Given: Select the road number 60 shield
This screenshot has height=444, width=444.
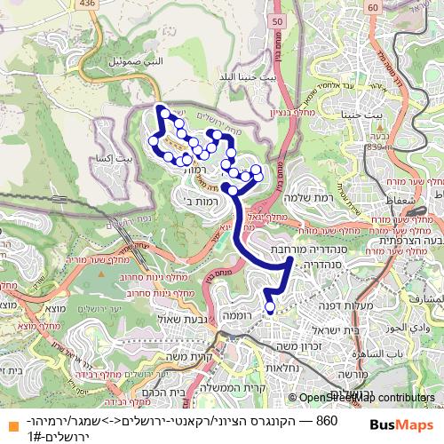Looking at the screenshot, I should (371, 7).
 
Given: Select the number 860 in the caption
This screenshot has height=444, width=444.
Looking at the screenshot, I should (326, 419).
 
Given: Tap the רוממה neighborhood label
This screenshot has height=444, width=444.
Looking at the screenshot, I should (241, 315).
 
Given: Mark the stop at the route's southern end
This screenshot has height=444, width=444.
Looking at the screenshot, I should (270, 308).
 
